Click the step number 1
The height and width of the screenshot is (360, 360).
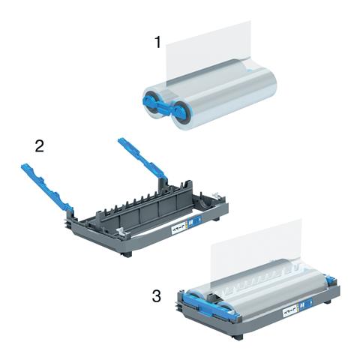(x=157, y=42)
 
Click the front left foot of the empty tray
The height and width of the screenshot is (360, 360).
(x=126, y=253)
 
